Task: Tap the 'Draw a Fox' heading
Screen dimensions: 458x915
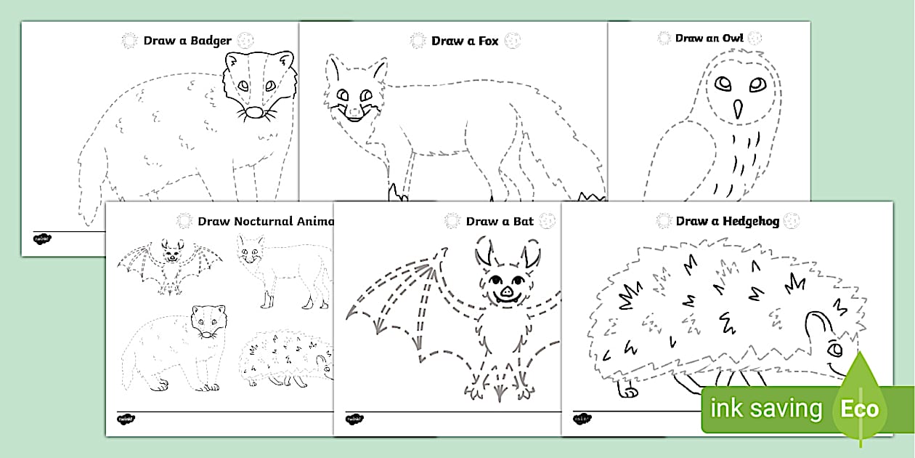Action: point(465,41)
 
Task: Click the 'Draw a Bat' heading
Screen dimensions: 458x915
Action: point(500,221)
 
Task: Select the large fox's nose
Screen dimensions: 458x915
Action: point(353,109)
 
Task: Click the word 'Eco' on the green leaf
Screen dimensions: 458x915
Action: point(860,409)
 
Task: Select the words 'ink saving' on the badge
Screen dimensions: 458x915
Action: point(765,409)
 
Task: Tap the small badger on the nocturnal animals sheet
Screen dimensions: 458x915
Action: point(174,345)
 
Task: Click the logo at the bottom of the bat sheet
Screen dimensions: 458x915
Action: point(354,419)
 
